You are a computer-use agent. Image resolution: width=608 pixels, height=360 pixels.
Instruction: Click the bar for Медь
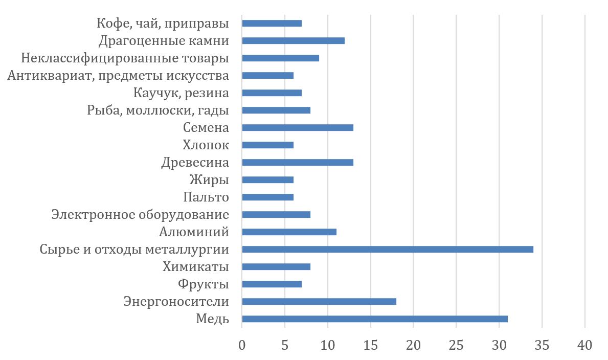pyautogui.click(x=374, y=319)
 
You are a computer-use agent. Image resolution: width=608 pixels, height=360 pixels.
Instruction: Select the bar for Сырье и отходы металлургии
pyautogui.click(x=387, y=250)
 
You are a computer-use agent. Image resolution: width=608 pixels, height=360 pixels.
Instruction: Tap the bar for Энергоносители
pyautogui.click(x=319, y=302)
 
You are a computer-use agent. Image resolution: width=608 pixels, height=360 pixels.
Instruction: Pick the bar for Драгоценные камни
pyautogui.click(x=293, y=41)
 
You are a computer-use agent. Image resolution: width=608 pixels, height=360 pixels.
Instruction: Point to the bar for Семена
pyautogui.click(x=297, y=128)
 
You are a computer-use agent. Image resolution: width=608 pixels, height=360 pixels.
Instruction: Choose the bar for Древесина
pyautogui.click(x=297, y=163)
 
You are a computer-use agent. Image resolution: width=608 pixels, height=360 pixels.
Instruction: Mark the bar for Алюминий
pyautogui.click(x=289, y=232)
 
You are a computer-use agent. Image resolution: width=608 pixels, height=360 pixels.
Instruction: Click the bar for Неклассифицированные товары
pyautogui.click(x=280, y=58)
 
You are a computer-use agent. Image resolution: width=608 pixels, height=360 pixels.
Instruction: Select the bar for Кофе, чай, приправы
pyautogui.click(x=272, y=24)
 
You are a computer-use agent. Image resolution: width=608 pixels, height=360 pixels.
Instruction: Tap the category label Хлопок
pyautogui.click(x=206, y=145)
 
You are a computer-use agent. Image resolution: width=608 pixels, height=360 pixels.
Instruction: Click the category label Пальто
pyautogui.click(x=206, y=197)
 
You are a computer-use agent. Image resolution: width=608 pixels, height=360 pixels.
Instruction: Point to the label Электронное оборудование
pyautogui.click(x=140, y=215)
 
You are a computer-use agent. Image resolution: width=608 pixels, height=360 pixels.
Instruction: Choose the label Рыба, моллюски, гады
pyautogui.click(x=158, y=110)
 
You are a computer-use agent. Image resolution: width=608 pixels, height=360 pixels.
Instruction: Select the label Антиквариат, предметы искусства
pyautogui.click(x=118, y=76)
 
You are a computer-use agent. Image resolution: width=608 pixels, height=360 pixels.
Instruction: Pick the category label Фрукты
pyautogui.click(x=203, y=284)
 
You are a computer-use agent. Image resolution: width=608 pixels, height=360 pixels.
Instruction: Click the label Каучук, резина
pyautogui.click(x=181, y=93)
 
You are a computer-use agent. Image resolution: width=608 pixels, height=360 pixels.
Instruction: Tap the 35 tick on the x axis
pyautogui.click(x=542, y=345)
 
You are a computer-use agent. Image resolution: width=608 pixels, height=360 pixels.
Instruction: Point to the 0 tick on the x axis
pyautogui.click(x=242, y=345)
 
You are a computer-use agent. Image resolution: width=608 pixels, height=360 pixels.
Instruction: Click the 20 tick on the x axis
pyautogui.click(x=413, y=345)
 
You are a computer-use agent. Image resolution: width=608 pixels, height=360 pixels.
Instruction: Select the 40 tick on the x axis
pyautogui.click(x=584, y=345)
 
